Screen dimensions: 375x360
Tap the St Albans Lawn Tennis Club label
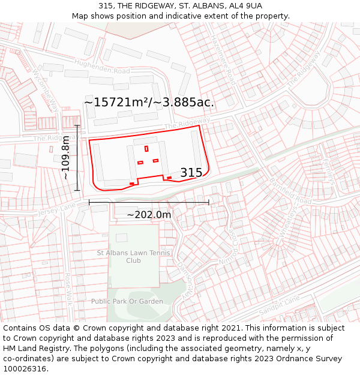(134, 257)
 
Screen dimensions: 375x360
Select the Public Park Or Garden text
(127, 301)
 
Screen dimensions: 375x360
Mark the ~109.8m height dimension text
(65, 158)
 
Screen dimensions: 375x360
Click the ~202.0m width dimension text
(149, 215)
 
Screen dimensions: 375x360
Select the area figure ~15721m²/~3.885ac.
(149, 103)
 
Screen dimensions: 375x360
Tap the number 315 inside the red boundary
(191, 173)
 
